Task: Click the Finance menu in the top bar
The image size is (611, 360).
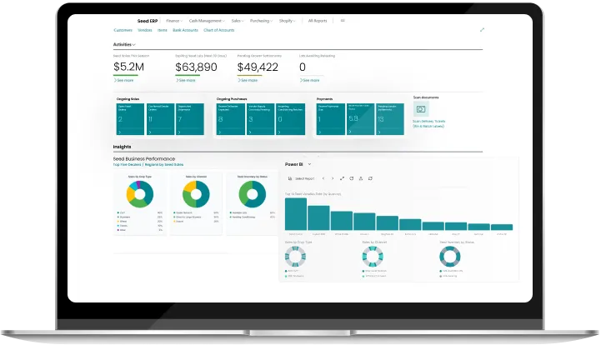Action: (173, 19)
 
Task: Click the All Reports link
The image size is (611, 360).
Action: (318, 19)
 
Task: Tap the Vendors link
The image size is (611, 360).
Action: (145, 29)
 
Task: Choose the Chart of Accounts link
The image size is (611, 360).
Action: (220, 29)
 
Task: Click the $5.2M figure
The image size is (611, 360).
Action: (129, 67)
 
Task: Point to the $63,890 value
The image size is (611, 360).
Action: (196, 67)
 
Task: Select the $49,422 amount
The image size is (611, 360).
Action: (258, 67)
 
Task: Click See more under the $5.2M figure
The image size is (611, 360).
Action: (123, 81)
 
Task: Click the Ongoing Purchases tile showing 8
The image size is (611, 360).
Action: (231, 119)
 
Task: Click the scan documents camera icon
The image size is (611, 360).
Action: (421, 109)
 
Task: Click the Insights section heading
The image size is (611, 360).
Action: (122, 147)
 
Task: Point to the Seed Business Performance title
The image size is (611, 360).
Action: (144, 158)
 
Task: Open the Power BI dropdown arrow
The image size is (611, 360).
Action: (309, 165)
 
